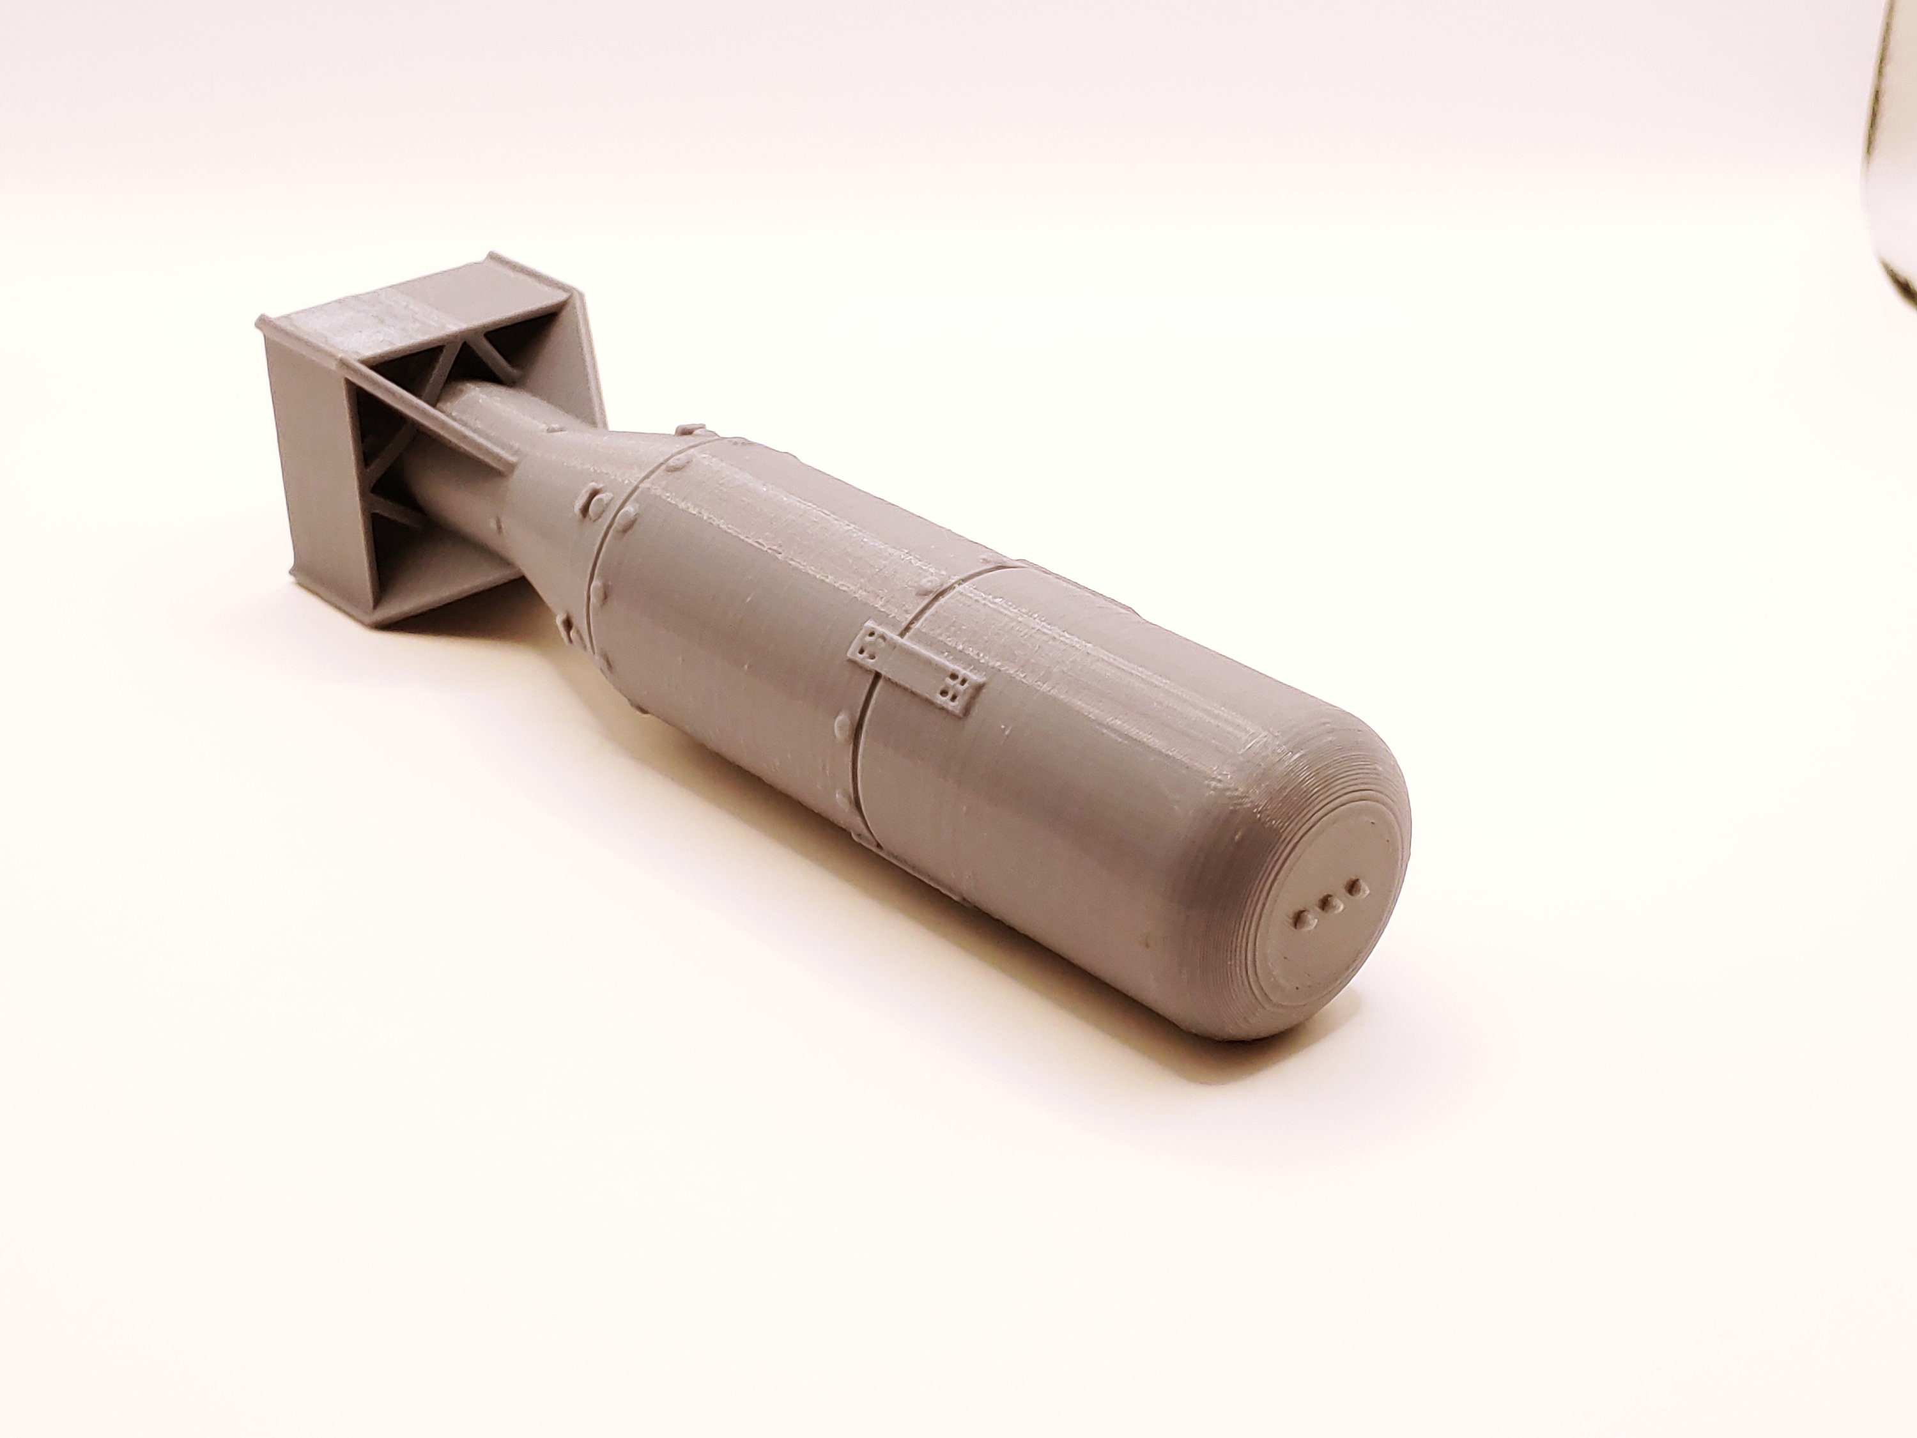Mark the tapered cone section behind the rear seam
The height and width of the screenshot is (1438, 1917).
tap(555, 520)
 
